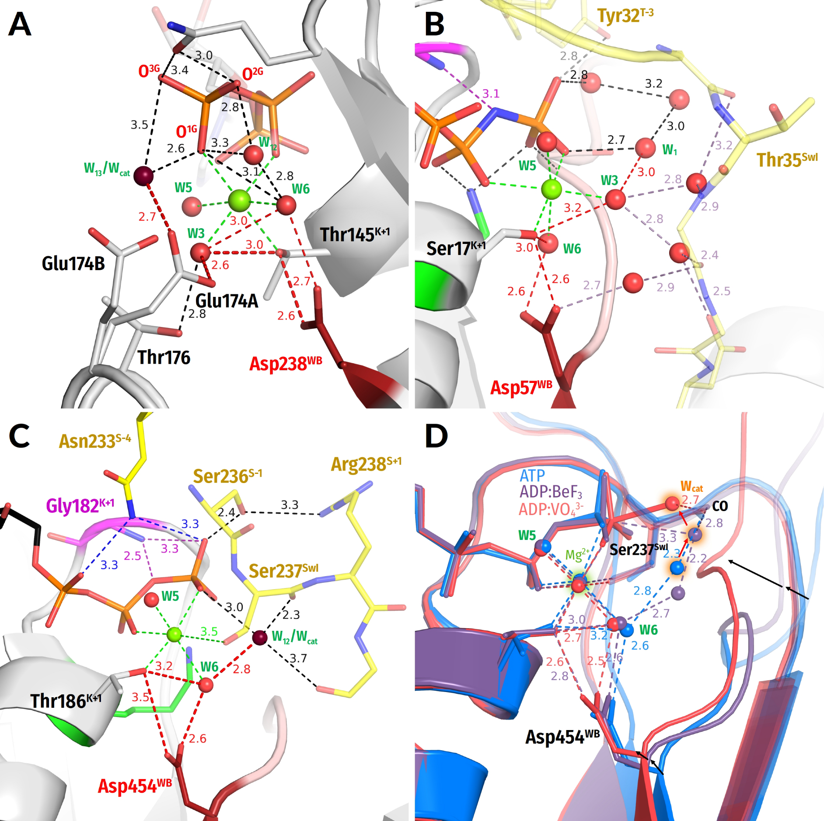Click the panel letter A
tap(20, 24)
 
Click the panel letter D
tap(436, 436)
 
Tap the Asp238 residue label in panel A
tap(285, 363)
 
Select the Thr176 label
tap(164, 358)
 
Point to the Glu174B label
tap(73, 264)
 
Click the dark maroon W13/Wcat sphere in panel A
tap(143, 176)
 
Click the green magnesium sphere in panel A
tap(240, 200)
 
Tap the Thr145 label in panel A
tap(354, 234)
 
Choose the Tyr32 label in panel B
tap(625, 16)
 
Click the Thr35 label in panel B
tap(786, 160)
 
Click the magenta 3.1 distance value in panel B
tap(491, 94)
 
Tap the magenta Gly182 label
tap(80, 506)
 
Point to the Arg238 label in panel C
tap(366, 464)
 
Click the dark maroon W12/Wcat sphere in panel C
tap(260, 638)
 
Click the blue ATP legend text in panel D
tap(532, 475)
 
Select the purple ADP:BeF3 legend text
tap(551, 492)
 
